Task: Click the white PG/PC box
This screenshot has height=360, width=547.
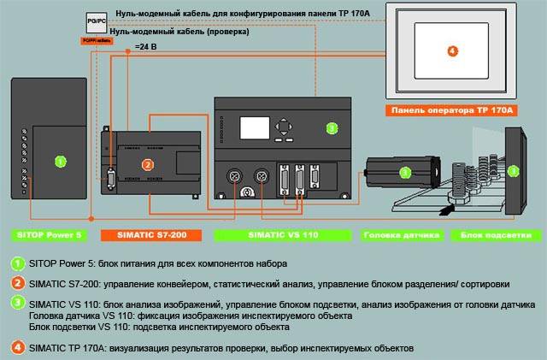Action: [x=97, y=18]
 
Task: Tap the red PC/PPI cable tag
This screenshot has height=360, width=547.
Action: [x=97, y=40]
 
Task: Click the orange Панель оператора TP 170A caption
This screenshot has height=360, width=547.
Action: [x=452, y=110]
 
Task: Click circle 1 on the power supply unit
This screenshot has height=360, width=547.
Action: [x=60, y=160]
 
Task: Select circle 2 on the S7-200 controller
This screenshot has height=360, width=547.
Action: [x=147, y=165]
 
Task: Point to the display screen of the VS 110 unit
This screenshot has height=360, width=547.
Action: [x=254, y=128]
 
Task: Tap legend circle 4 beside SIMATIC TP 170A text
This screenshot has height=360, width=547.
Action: [x=18, y=348]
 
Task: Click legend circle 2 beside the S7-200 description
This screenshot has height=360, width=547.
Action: [x=18, y=283]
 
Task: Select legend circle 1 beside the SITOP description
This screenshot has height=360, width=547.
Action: [x=18, y=263]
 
